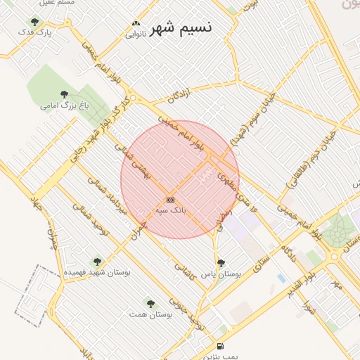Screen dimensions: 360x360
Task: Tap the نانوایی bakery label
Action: pyautogui.click(x=136, y=34)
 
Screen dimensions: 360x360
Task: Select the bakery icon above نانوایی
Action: pyautogui.click(x=136, y=24)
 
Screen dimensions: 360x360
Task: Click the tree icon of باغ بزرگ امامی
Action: pyautogui.click(x=65, y=94)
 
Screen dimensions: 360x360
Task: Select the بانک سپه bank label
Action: pyautogui.click(x=171, y=210)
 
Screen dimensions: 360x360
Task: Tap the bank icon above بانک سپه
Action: pyautogui.click(x=171, y=200)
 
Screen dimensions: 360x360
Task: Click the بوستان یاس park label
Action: pyautogui.click(x=221, y=274)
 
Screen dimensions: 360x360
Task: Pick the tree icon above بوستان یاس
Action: pyautogui.click(x=221, y=264)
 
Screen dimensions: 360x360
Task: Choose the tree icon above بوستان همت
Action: pyautogui.click(x=150, y=304)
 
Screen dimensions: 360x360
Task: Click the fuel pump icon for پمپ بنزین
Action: pyautogui.click(x=221, y=346)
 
